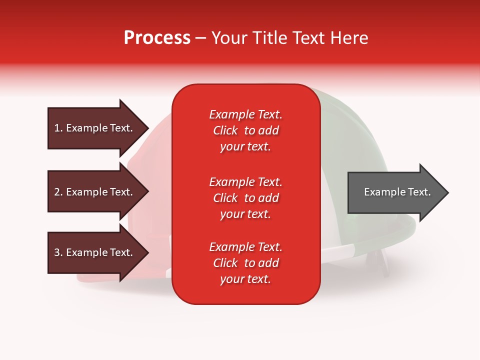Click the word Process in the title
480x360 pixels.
(x=157, y=38)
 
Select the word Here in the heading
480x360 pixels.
(x=348, y=38)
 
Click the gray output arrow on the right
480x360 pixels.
(x=398, y=192)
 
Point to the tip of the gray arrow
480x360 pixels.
(x=448, y=192)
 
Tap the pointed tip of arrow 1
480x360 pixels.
(x=149, y=128)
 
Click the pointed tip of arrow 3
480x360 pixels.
(x=149, y=252)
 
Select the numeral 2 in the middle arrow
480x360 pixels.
(x=57, y=192)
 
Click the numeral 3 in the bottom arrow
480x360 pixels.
(x=57, y=252)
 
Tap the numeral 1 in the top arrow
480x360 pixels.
(x=56, y=128)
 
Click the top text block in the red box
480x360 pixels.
(x=246, y=130)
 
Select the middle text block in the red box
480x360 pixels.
(x=246, y=198)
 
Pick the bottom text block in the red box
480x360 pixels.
(x=246, y=263)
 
